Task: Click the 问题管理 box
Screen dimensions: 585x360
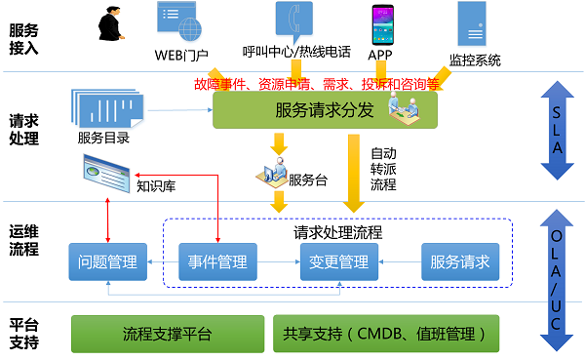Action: click(108, 261)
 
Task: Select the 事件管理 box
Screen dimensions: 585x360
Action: click(217, 261)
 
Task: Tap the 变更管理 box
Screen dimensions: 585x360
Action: click(339, 261)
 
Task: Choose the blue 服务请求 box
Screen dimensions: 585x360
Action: click(460, 261)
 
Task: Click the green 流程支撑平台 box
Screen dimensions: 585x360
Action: click(168, 334)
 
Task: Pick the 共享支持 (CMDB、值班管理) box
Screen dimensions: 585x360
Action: click(386, 334)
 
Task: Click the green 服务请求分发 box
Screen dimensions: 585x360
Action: click(325, 110)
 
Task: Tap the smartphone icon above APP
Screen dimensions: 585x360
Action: click(382, 24)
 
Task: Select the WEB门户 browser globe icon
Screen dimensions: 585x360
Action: click(179, 21)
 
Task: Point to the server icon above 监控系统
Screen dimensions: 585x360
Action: click(472, 23)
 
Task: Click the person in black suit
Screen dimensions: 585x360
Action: click(110, 23)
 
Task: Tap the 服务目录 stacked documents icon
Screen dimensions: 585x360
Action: click(107, 108)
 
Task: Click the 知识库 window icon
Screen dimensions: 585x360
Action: click(106, 174)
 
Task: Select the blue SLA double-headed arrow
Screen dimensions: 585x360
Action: click(557, 131)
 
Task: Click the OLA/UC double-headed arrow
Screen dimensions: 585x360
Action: click(557, 280)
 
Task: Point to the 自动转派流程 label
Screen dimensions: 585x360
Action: click(383, 169)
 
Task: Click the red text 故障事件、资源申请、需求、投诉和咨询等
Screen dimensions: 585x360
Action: click(317, 84)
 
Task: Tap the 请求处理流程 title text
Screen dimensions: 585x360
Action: click(337, 232)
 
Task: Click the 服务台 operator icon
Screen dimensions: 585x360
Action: click(272, 173)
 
